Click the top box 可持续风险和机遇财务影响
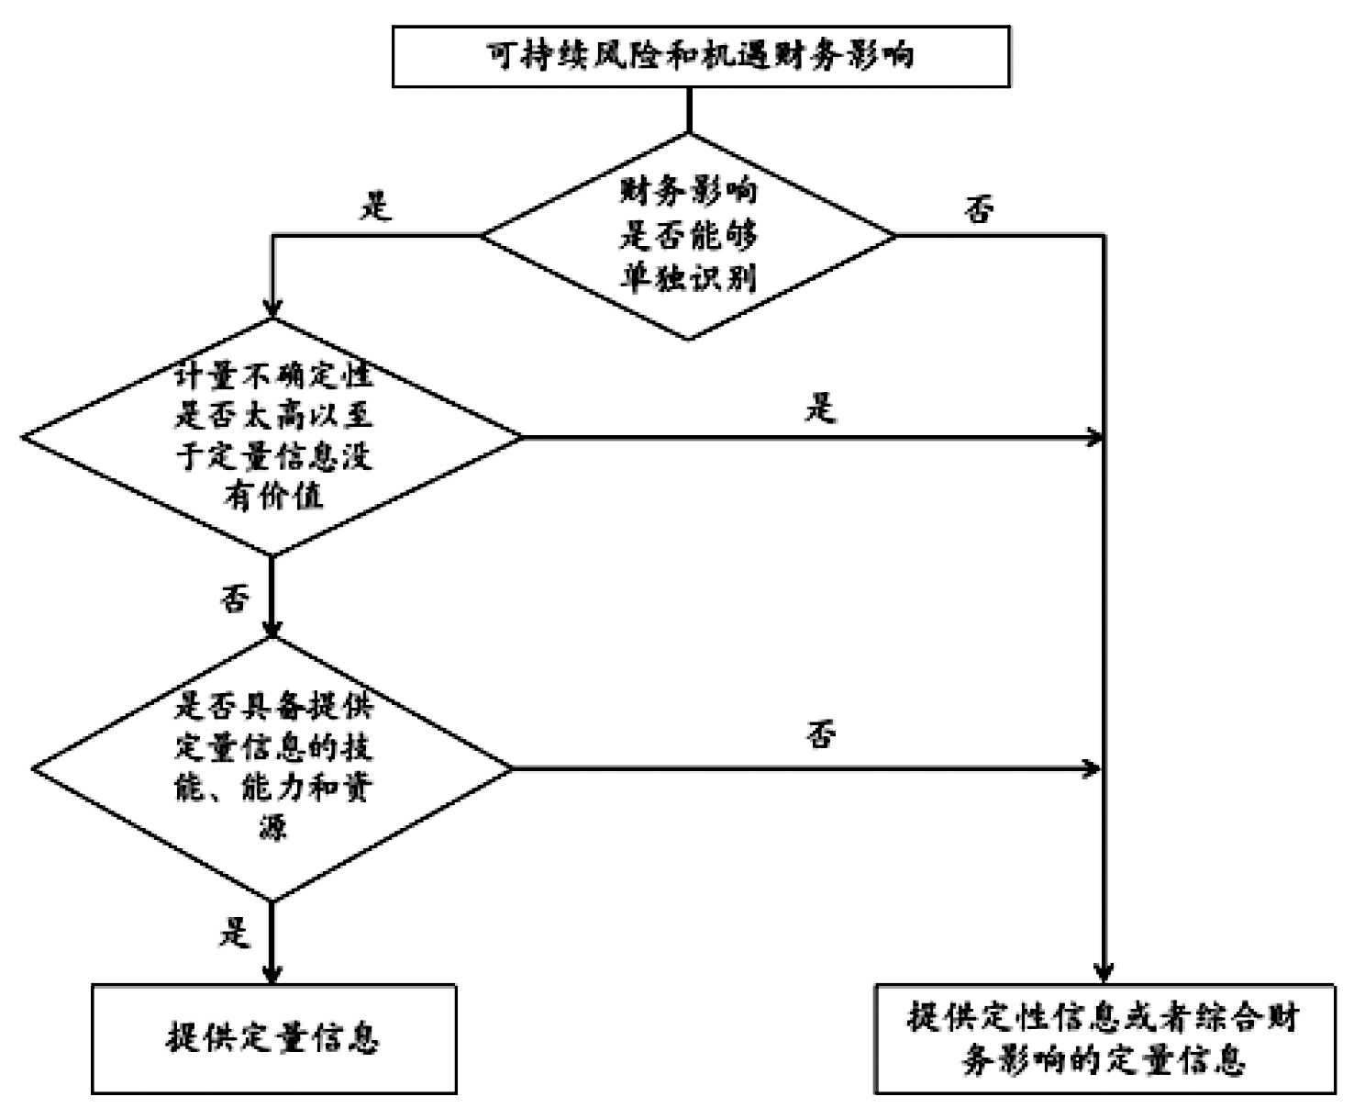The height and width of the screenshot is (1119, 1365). pyautogui.click(x=701, y=57)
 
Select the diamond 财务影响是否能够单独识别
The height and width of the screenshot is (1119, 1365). pyautogui.click(x=688, y=236)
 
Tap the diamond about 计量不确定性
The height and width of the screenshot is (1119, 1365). pyautogui.click(x=272, y=437)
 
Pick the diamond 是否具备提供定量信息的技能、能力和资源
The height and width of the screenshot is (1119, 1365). pyautogui.click(x=272, y=767)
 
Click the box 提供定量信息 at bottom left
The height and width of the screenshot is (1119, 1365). pyautogui.click(x=273, y=1038)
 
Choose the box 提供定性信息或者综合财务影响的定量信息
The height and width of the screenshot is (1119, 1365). pyautogui.click(x=1104, y=1038)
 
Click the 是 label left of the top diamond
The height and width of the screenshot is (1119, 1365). pyautogui.click(x=375, y=206)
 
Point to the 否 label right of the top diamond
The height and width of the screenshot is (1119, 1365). pyautogui.click(x=979, y=210)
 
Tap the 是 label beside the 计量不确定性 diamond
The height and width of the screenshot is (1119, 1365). pyautogui.click(x=821, y=408)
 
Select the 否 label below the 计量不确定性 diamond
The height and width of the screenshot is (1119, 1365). pyautogui.click(x=235, y=600)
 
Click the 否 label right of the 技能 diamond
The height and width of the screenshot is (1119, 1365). pyautogui.click(x=821, y=735)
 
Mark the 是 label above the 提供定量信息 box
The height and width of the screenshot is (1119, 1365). pyautogui.click(x=235, y=934)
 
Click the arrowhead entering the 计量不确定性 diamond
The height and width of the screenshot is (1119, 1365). pyautogui.click(x=272, y=310)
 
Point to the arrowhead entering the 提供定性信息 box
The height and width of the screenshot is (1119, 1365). pyautogui.click(x=1104, y=975)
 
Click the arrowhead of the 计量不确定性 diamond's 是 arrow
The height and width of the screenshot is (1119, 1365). pyautogui.click(x=1093, y=437)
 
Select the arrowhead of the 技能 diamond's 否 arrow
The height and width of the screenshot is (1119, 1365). pyautogui.click(x=1092, y=768)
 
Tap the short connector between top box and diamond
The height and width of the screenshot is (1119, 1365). pyautogui.click(x=688, y=110)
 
